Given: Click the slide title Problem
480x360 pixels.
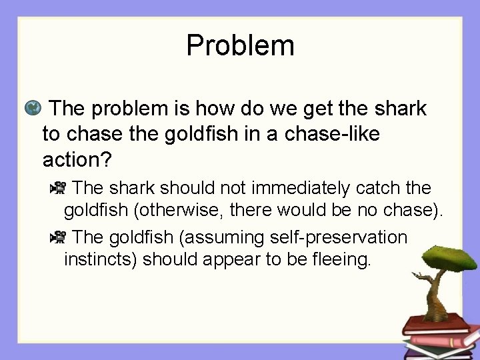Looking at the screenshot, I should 240,45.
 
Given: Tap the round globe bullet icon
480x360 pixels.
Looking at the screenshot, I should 31,107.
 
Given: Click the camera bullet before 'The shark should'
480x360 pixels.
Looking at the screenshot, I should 59,187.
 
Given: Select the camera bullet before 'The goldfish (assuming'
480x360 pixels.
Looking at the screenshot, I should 59,237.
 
